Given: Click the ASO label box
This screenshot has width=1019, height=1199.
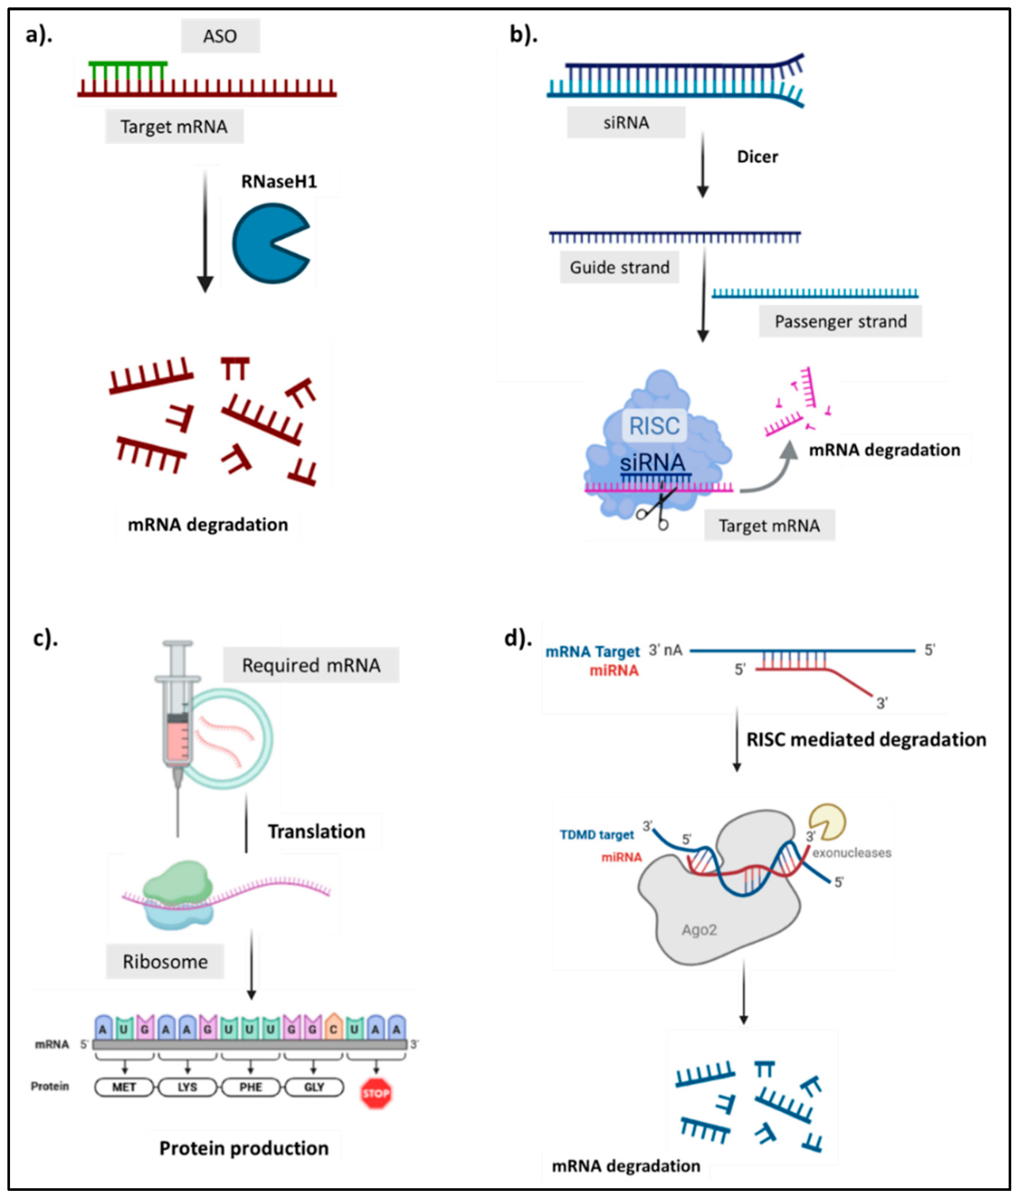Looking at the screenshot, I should coord(220,36).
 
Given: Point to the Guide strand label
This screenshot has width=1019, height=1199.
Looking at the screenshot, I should coord(619,267).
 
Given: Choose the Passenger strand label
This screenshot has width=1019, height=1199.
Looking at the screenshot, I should coord(840,321).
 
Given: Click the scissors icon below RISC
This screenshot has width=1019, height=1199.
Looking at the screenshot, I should coord(656,508).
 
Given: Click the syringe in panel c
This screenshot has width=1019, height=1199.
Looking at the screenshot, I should coord(177,728).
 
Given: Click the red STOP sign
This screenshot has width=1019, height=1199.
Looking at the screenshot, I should coord(376,1093).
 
